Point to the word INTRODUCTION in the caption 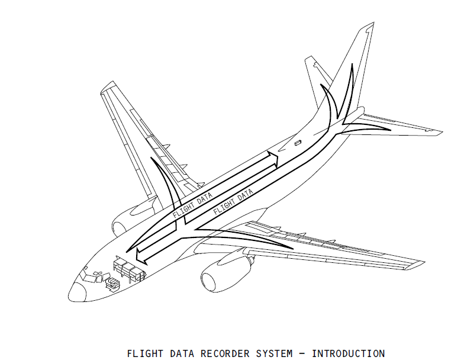[348, 353]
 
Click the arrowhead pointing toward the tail [272, 157]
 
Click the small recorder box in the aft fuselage [297, 143]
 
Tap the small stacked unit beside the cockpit [111, 284]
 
